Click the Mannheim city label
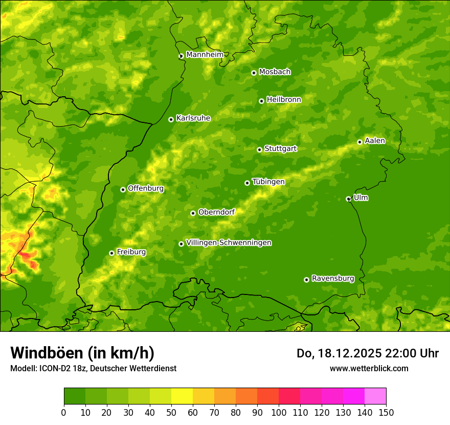point(205,55)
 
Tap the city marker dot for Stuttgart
point(259,150)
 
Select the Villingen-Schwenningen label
point(229,243)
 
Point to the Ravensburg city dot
point(306,280)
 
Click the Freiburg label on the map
point(131,252)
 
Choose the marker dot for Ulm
point(348,199)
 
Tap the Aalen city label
point(375,141)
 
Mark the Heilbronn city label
point(284,100)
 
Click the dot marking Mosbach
point(254,73)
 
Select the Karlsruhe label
point(193,118)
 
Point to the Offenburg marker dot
point(123,189)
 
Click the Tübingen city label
point(268,182)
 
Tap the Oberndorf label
point(216,212)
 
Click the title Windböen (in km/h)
point(82,353)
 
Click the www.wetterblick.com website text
point(369,368)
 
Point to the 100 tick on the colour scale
point(279,412)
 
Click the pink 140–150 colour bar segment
point(375,396)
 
